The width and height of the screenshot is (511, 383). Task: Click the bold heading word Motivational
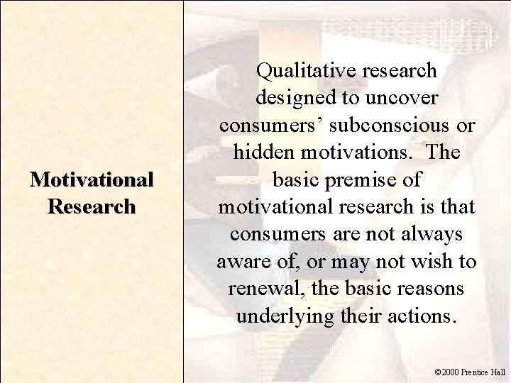91,180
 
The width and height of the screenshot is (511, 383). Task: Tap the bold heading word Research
91,206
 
